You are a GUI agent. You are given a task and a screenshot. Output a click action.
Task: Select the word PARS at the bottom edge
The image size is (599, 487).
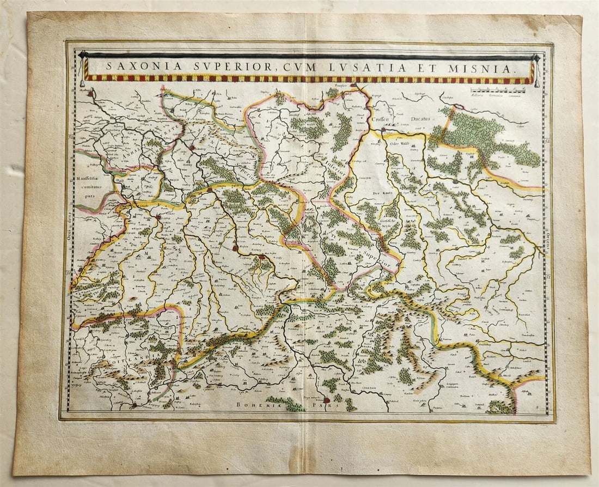tap(331, 405)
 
